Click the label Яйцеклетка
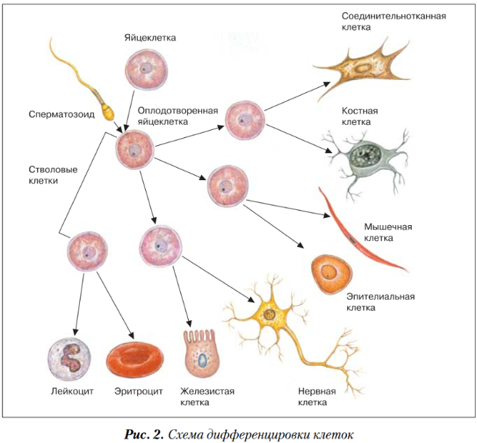click(150, 36)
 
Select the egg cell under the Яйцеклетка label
click(145, 70)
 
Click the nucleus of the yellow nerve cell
click(269, 314)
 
